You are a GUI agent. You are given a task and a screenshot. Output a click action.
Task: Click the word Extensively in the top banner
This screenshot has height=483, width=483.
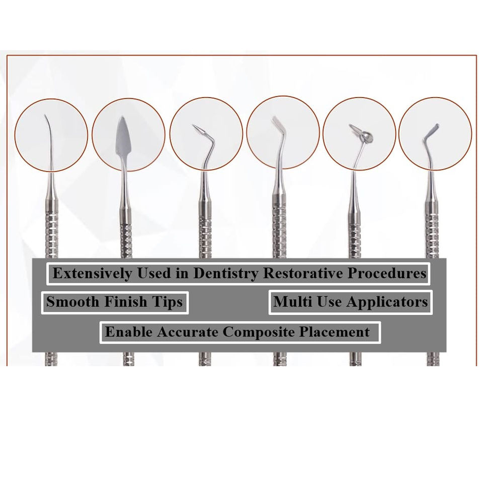click(88, 274)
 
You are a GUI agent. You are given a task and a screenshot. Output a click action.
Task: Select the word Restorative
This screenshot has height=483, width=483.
click(302, 274)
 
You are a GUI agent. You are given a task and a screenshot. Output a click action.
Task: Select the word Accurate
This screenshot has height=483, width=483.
click(188, 332)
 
